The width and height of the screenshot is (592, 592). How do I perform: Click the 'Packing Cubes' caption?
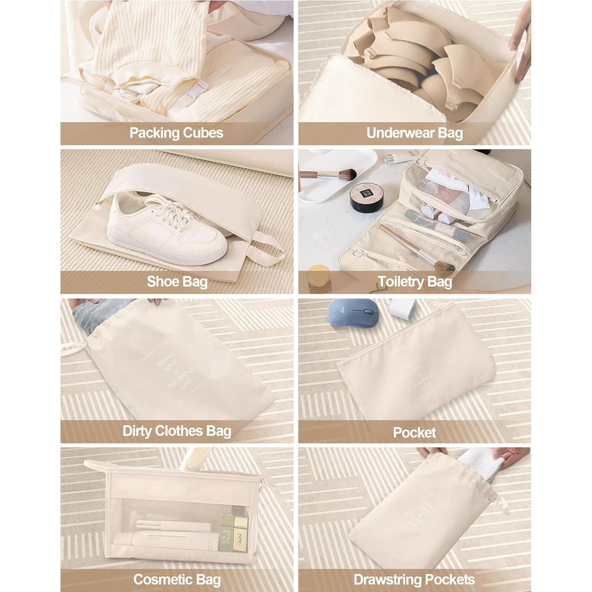(176, 133)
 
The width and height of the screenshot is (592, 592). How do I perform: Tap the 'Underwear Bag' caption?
(415, 133)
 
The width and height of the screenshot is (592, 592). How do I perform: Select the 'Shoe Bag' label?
(177, 282)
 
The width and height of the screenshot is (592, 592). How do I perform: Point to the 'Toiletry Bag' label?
(415, 282)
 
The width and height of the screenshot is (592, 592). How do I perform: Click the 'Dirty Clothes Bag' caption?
(177, 431)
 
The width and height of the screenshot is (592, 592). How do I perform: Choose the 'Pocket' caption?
(415, 432)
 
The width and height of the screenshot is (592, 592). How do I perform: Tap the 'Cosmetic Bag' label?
(177, 580)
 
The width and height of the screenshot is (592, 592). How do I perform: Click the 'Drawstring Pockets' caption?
(414, 580)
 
